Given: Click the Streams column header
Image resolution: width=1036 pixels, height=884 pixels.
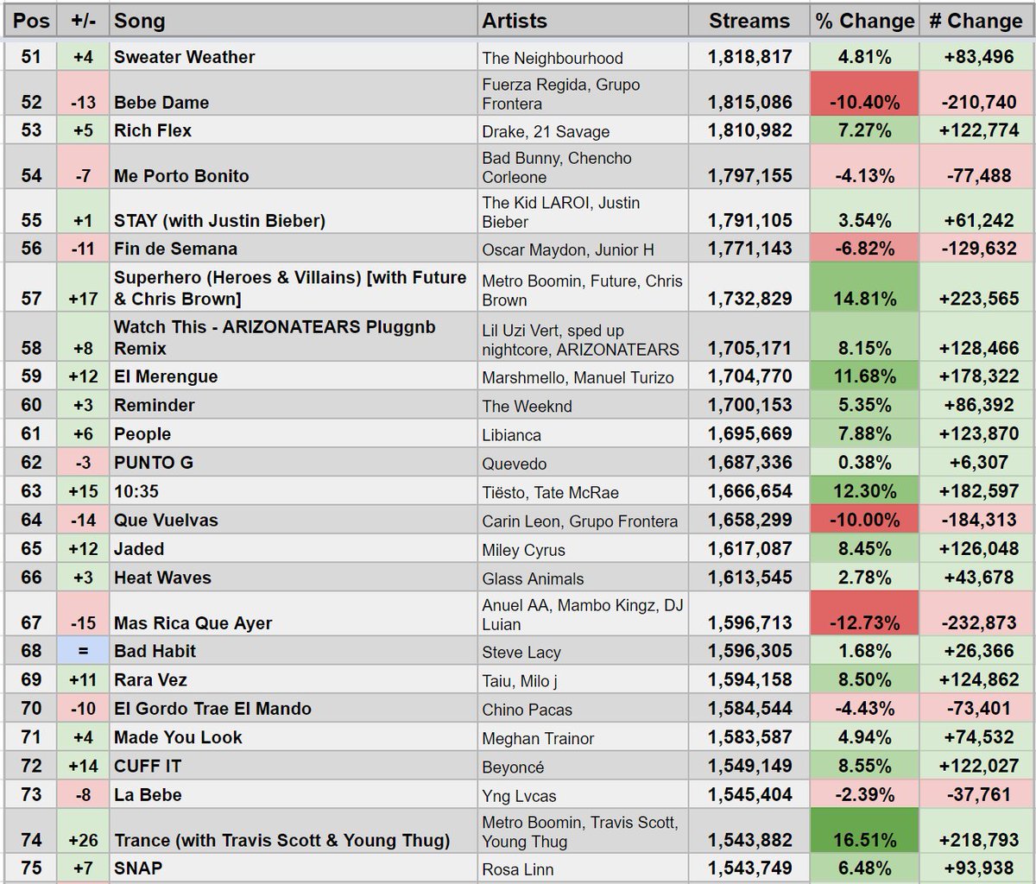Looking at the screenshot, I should (749, 21).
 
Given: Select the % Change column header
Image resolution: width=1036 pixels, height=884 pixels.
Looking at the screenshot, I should (864, 21).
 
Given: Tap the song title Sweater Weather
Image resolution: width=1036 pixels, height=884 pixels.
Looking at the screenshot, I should (185, 58).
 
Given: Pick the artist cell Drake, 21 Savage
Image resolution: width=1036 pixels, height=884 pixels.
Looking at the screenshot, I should (546, 132).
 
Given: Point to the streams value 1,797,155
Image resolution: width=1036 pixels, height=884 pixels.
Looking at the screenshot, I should (749, 176).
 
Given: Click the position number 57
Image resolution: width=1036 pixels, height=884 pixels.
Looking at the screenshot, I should (31, 299).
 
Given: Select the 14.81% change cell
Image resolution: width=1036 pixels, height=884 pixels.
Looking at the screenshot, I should (864, 300).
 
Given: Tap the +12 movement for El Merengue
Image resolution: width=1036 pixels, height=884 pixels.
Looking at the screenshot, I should (83, 377).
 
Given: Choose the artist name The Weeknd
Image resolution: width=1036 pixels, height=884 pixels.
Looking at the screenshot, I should (527, 407).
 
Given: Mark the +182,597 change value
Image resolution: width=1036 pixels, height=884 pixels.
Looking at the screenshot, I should (976, 492).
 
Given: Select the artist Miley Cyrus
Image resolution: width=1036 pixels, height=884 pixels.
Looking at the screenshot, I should (524, 550).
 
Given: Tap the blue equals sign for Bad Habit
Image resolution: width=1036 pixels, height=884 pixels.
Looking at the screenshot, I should (83, 652).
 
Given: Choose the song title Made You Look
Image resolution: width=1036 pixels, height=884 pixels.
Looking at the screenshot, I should (178, 738).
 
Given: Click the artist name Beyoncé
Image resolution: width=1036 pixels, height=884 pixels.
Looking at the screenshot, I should (513, 767).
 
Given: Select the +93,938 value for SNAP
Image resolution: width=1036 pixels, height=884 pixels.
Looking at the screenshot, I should (976, 868).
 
